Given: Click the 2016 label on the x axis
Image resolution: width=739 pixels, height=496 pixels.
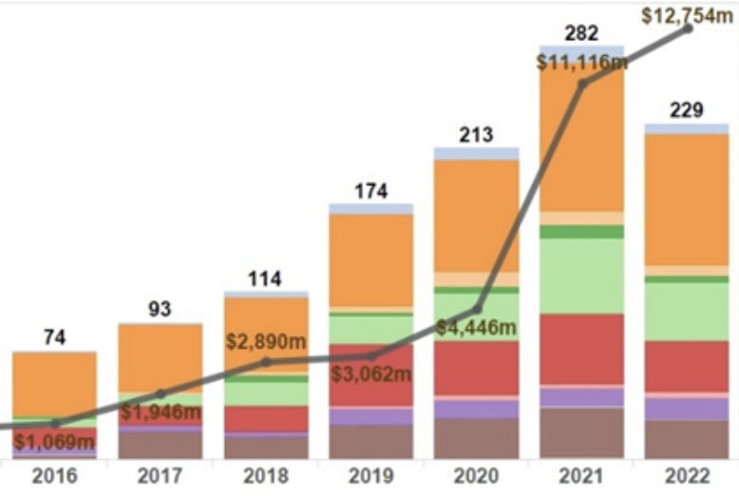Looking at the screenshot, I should [54, 476].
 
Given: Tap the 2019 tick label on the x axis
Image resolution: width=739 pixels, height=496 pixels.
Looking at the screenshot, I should [370, 476].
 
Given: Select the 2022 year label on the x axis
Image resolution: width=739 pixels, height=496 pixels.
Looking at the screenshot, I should [688, 476].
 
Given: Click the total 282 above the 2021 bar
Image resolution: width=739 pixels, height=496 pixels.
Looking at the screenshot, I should [581, 34].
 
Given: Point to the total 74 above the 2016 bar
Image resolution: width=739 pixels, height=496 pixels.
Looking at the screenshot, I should [55, 337].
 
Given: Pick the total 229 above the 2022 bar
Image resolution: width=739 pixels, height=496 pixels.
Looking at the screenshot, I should [686, 110].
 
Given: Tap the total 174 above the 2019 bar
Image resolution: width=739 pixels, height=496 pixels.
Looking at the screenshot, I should [370, 191].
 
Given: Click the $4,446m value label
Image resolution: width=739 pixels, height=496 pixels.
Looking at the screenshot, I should [476, 328].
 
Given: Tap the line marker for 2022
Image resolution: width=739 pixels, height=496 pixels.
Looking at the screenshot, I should [688, 28].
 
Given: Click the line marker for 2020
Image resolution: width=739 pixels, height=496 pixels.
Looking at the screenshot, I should [477, 309].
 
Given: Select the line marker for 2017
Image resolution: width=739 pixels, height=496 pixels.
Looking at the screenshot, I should [161, 393].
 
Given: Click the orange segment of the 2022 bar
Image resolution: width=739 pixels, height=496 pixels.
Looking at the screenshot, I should [686, 200].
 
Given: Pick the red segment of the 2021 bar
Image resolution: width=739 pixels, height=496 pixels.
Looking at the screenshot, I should [581, 349].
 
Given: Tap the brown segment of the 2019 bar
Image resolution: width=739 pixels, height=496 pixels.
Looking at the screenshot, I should [370, 442].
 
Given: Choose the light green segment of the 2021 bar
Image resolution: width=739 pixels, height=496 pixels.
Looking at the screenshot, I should [581, 276].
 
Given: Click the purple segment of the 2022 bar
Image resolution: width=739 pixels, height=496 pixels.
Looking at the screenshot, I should [686, 409].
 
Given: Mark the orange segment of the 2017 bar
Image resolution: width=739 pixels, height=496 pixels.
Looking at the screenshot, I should [160, 356].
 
